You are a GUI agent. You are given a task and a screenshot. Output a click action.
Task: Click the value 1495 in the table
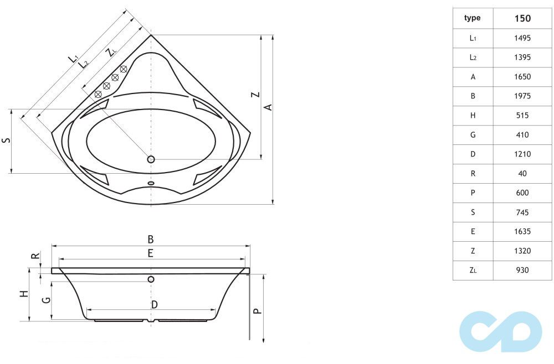[x=521, y=38]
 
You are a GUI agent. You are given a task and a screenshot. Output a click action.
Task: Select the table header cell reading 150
[x=521, y=18]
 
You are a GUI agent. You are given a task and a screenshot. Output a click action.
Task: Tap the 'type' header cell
[x=473, y=18]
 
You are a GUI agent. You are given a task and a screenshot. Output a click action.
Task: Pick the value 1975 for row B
[x=521, y=96]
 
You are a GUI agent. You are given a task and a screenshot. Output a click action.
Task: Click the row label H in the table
[x=473, y=116]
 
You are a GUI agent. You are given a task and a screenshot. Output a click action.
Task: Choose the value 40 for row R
[x=521, y=173]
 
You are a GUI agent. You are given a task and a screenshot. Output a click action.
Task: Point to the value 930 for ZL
[x=521, y=270]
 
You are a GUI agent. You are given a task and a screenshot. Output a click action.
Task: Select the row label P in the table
[x=473, y=193]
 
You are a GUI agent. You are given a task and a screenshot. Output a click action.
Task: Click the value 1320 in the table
[x=521, y=251]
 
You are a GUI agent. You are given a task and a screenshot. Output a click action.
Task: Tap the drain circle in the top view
[x=151, y=159]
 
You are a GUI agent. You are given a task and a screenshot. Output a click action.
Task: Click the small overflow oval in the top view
[x=151, y=184]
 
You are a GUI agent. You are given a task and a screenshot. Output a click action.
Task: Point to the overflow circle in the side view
[x=151, y=279]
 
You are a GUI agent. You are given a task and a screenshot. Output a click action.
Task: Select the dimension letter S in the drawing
[x=6, y=141]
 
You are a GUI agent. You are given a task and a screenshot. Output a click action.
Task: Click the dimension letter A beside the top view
[x=268, y=106]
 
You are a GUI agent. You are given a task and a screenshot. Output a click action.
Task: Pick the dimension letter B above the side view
[x=150, y=240]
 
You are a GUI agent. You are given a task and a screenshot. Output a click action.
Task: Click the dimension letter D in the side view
[x=154, y=304]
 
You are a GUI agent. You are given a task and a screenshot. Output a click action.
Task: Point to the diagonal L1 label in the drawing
[x=73, y=58]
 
